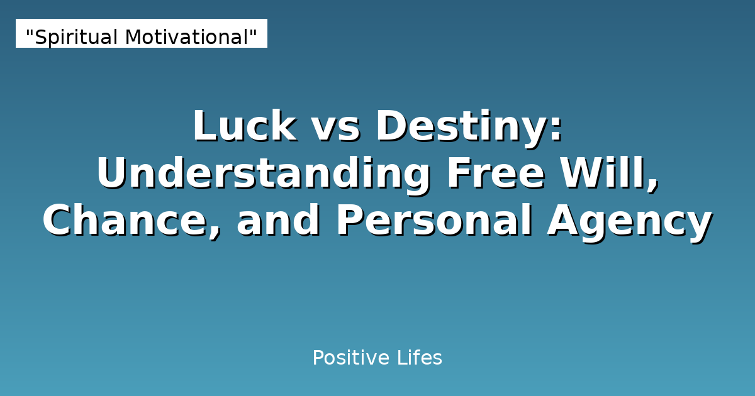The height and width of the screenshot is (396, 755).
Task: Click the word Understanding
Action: pos(263,174)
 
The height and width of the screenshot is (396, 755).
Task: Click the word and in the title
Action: pos(279,221)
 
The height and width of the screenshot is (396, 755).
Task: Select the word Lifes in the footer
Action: pos(420,358)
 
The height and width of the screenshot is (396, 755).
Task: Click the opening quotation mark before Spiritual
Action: pos(29,32)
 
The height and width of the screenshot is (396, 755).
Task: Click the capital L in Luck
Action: pos(203,126)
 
